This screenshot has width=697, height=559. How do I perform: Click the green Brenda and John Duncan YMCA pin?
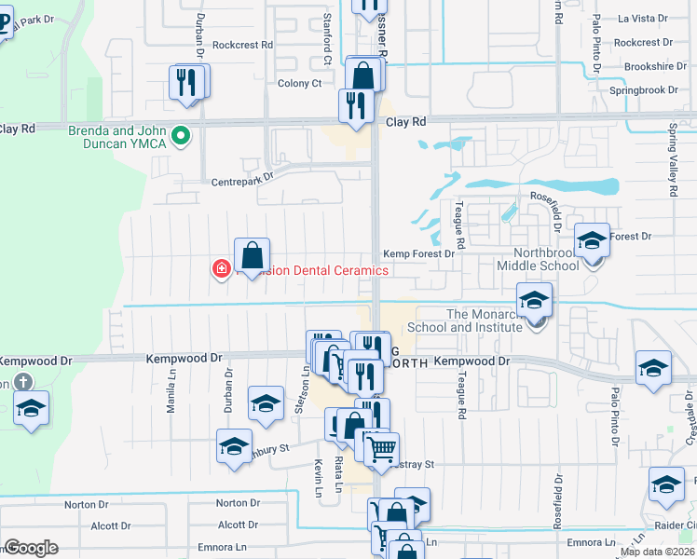tap(184, 137)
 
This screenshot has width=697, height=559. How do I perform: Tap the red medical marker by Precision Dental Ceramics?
tap(222, 269)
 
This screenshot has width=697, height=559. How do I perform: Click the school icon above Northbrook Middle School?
tap(591, 241)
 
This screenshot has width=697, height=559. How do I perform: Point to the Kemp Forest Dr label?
tap(418, 253)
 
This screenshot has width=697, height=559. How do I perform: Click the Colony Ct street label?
tap(299, 83)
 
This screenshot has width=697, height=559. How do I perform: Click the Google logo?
tap(31, 548)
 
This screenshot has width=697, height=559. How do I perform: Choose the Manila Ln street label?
tap(171, 397)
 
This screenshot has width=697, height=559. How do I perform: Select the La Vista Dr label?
tap(644, 18)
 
